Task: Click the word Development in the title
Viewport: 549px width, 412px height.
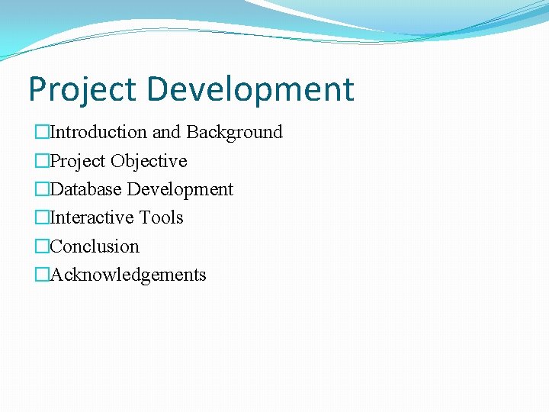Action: [x=251, y=90]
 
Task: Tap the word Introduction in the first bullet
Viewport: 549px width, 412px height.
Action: [x=98, y=132]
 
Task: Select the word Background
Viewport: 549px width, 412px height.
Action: [x=235, y=132]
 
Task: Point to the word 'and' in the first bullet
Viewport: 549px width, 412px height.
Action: [x=166, y=132]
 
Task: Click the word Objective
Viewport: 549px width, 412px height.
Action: [x=149, y=161]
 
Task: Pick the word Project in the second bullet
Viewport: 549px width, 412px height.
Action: [x=78, y=161]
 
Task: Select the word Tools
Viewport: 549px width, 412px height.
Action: [x=161, y=217]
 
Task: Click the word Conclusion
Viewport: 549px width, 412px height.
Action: [x=95, y=246]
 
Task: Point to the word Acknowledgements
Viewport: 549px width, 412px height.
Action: [x=128, y=275]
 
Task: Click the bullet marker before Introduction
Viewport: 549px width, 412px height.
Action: [x=42, y=133]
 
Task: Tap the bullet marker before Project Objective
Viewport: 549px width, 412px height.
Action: [x=42, y=161]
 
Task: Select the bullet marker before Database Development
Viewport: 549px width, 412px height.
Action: [x=42, y=189]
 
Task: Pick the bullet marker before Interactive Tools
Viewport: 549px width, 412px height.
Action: [x=42, y=218]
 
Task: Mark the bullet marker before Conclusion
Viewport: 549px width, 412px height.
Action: [x=42, y=246]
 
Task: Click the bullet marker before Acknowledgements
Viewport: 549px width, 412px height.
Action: [x=42, y=275]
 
